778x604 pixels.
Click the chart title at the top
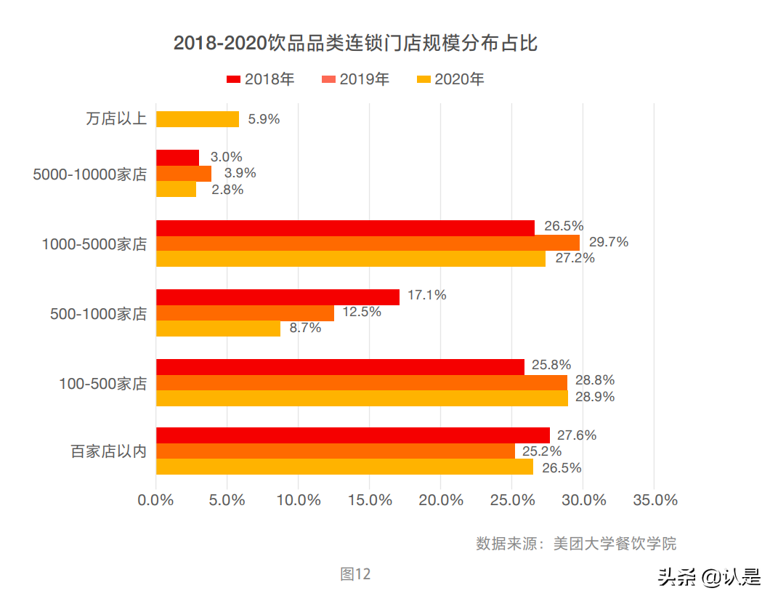point(355,43)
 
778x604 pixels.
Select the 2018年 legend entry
point(261,79)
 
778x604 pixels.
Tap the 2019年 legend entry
point(356,79)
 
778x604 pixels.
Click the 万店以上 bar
point(198,119)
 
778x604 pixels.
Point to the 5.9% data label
point(264,119)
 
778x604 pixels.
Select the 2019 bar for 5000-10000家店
point(184,174)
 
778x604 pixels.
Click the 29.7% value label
point(608,242)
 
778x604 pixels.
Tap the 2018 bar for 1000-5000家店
point(345,227)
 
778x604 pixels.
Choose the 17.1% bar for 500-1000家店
point(277,297)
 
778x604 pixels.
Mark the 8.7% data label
point(305,328)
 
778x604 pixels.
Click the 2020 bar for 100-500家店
point(362,398)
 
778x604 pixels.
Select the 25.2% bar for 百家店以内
point(335,451)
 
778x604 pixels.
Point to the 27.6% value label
point(577,435)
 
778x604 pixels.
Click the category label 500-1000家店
point(98,314)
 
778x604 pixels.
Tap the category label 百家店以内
point(108,451)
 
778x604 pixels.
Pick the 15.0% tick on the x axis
point(370,501)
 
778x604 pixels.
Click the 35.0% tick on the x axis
point(655,501)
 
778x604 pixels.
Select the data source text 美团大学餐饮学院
point(615,544)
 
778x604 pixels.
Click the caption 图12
point(355,574)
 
